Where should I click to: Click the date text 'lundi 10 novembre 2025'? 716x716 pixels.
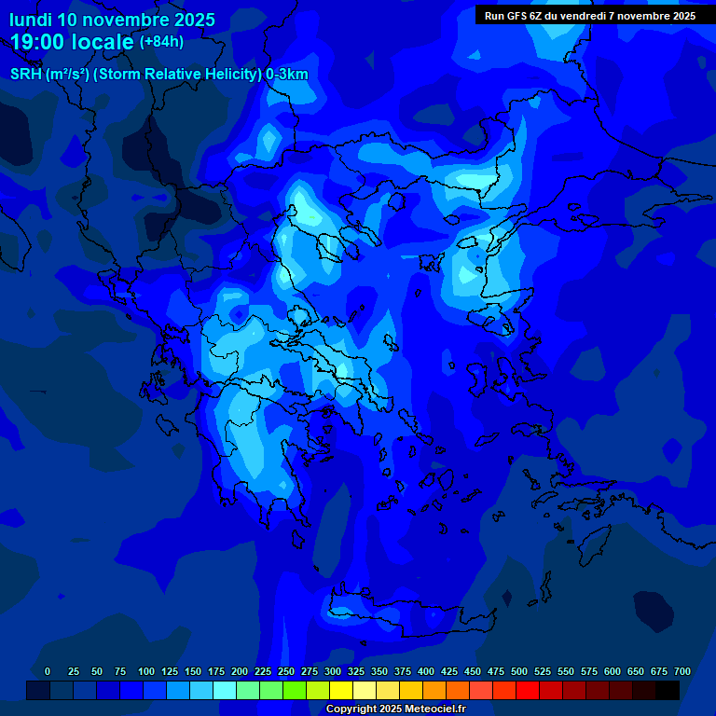[112, 20]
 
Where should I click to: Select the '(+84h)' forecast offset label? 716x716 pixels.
[161, 42]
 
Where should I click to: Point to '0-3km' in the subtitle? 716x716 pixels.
[286, 75]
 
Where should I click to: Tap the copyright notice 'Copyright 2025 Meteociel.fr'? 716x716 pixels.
[395, 709]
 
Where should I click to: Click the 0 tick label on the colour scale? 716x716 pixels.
[48, 671]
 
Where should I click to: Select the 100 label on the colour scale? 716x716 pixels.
[146, 671]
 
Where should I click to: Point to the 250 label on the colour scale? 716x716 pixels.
[286, 671]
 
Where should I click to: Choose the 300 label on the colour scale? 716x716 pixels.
[333, 671]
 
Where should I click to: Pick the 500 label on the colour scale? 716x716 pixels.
[519, 671]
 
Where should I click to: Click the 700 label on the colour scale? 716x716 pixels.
[682, 671]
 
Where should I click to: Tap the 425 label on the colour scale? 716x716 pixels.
[449, 671]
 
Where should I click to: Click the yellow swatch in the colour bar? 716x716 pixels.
[341, 691]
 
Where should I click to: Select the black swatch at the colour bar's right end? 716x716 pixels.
[668, 691]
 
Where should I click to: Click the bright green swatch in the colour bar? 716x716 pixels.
[295, 691]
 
